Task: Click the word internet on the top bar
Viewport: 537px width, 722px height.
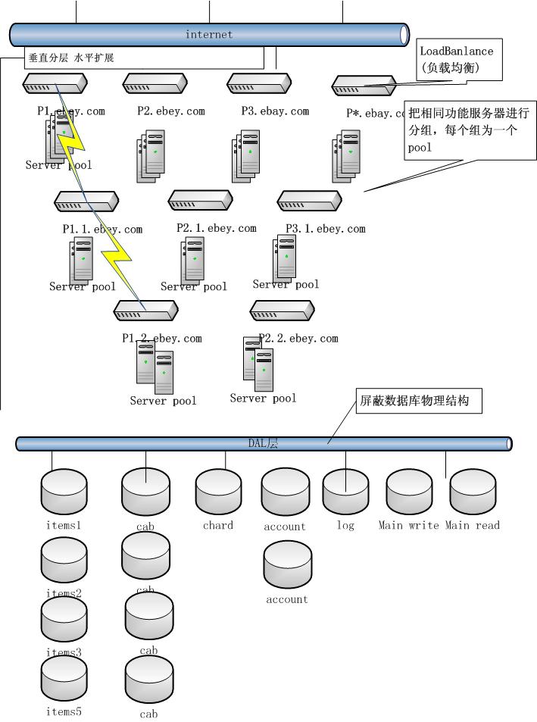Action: click(209, 34)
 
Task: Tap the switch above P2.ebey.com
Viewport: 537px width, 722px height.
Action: click(155, 83)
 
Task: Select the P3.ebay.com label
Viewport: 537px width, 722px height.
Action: click(275, 111)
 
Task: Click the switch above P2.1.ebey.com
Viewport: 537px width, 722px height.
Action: click(201, 201)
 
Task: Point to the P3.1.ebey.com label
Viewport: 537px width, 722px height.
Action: click(325, 229)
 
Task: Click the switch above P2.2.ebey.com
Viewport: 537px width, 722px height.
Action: click(282, 310)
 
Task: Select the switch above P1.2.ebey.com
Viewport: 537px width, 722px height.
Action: click(145, 310)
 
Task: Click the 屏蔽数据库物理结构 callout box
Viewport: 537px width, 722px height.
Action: click(419, 402)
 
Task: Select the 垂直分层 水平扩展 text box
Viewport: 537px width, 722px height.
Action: click(145, 58)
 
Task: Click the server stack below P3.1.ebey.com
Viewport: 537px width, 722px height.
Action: click(286, 256)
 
